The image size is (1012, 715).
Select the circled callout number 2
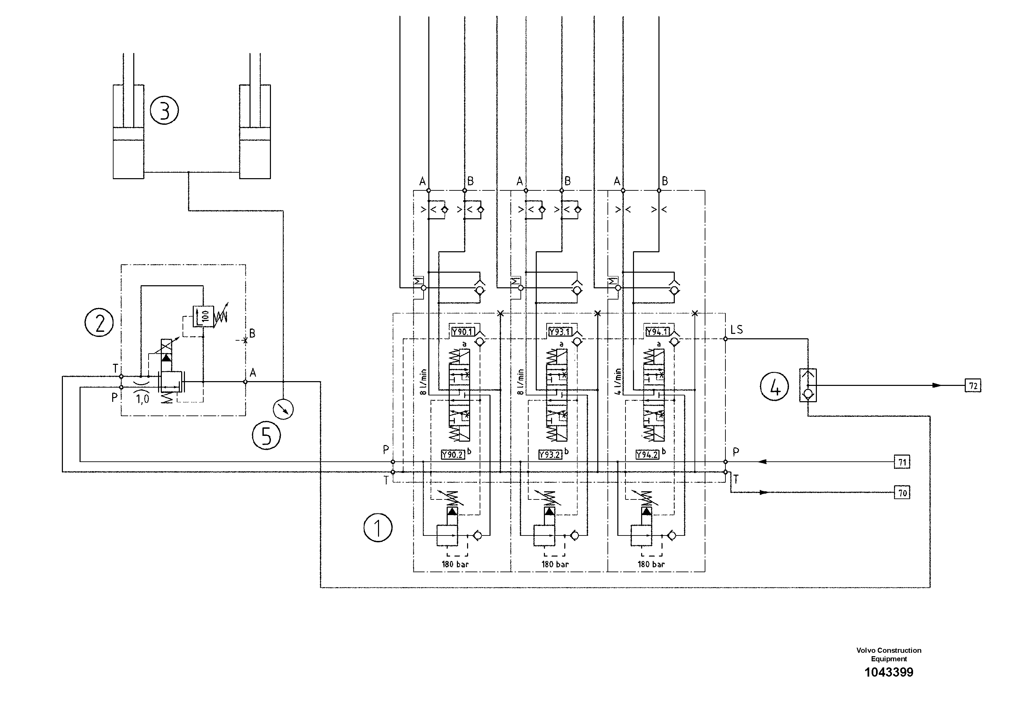click(99, 323)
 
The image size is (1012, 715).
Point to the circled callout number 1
click(378, 528)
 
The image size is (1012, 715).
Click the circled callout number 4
click(774, 386)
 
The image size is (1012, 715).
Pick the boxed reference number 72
click(973, 386)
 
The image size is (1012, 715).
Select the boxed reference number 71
click(902, 462)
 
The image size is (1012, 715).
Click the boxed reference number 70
click(902, 492)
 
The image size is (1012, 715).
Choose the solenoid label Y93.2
click(550, 455)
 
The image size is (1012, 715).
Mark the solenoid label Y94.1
click(657, 332)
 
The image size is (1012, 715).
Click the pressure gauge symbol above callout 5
click(283, 409)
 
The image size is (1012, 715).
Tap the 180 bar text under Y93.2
click(555, 564)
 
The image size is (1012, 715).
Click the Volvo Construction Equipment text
click(889, 654)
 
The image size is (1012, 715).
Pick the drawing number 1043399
click(889, 672)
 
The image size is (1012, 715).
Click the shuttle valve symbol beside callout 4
click(807, 385)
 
